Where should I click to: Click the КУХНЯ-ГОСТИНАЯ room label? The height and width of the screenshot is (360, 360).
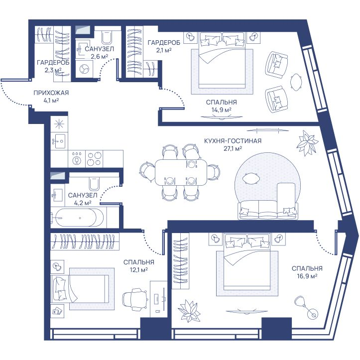233,141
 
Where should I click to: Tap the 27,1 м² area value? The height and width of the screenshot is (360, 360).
233,148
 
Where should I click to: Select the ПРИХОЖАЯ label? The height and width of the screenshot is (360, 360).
51,93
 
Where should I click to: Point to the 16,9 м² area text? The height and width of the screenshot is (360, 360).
307,276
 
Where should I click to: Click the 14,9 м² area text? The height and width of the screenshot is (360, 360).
221,110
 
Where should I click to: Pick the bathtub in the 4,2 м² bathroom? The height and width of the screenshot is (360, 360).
77,218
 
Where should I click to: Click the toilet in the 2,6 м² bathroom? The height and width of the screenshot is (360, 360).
107,37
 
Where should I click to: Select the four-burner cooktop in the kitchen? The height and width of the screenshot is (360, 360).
94,159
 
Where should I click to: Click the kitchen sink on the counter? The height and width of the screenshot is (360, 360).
59,141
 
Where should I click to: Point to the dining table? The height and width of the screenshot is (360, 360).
181,172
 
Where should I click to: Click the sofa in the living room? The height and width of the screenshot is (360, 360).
268,210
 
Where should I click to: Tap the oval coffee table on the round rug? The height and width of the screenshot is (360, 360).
251,178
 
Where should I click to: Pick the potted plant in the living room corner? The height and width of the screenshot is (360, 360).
307,143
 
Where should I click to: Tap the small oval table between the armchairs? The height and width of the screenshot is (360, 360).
296,82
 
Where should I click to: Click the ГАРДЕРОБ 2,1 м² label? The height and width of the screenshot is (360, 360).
164,46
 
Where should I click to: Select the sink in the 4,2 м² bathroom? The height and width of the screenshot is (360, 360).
58,195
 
